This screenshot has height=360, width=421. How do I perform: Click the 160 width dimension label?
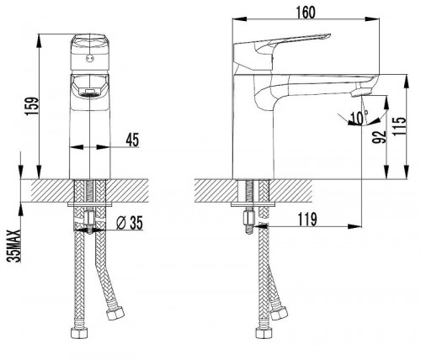(306, 12)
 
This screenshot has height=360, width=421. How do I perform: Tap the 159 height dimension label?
(31, 106)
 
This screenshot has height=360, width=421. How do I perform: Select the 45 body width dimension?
(132, 140)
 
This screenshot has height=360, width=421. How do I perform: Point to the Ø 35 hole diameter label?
(130, 223)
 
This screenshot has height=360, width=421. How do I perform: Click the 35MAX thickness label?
(14, 246)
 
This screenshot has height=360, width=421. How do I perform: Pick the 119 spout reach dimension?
(307, 219)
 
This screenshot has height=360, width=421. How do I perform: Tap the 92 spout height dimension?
(379, 137)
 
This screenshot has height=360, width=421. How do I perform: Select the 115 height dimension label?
(399, 126)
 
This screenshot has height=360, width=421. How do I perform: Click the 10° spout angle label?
(359, 118)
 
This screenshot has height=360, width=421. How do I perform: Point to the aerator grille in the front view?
(89, 93)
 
